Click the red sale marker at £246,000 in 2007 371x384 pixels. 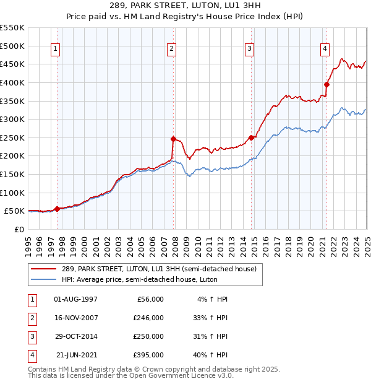173,139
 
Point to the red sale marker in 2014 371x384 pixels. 251,137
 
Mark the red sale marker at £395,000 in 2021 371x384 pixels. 326,85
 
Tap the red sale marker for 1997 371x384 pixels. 57,209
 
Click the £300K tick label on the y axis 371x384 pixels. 12,119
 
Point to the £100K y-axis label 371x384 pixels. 12,193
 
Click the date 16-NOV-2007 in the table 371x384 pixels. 75,318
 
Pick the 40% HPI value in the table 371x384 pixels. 210,355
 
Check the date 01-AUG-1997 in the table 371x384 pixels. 75,299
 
